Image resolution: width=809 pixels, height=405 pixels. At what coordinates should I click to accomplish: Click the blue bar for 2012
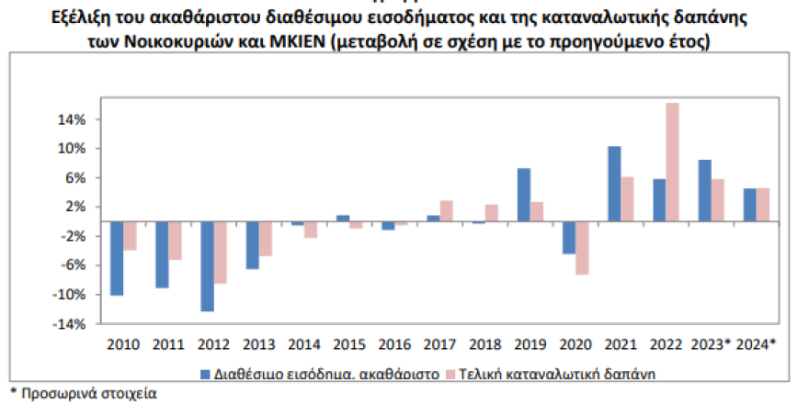pos(207,266)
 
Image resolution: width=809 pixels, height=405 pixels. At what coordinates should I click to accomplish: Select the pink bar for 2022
pos(672,162)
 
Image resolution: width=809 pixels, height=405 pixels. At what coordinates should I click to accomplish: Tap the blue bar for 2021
pos(614,184)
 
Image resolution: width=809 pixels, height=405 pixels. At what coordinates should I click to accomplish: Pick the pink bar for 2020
pos(582,248)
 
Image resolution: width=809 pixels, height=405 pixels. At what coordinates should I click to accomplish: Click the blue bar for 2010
pos(117,258)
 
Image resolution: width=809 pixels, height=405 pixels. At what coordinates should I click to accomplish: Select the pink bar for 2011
pos(175,241)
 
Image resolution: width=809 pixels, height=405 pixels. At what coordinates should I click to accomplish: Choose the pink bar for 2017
pos(447,211)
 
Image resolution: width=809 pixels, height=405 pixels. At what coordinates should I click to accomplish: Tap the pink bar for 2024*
pos(762,205)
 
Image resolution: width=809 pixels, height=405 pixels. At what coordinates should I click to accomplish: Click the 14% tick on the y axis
pos(74,119)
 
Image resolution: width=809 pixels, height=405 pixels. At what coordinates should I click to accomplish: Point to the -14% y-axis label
pos(72,323)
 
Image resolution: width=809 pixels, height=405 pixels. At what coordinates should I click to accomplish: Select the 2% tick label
pos(76,207)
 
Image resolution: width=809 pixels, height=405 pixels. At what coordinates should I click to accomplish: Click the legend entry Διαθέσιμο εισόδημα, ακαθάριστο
pos(317,374)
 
